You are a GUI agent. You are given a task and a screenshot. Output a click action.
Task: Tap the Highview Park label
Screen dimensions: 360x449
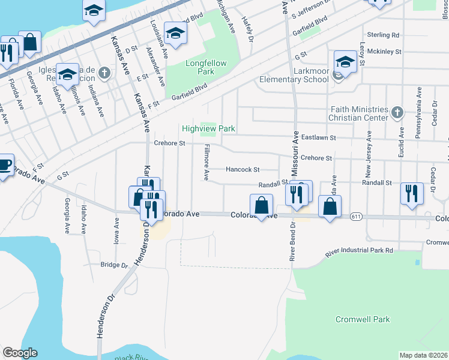click(208, 129)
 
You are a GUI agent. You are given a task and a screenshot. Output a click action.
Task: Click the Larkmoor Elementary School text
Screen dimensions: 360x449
click(294, 79)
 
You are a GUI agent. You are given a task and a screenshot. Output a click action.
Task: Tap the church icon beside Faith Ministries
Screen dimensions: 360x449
click(397, 112)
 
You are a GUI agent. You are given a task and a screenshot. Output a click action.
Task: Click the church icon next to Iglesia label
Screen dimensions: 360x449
click(105, 74)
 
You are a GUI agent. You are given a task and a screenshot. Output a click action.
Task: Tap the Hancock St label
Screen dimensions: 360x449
click(242, 170)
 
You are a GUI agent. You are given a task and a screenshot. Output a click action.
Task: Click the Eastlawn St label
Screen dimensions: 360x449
click(318, 138)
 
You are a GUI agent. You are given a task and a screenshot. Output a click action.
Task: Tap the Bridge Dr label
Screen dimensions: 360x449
click(114, 265)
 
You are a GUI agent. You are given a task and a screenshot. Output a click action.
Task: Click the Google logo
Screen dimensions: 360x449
click(20, 353)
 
